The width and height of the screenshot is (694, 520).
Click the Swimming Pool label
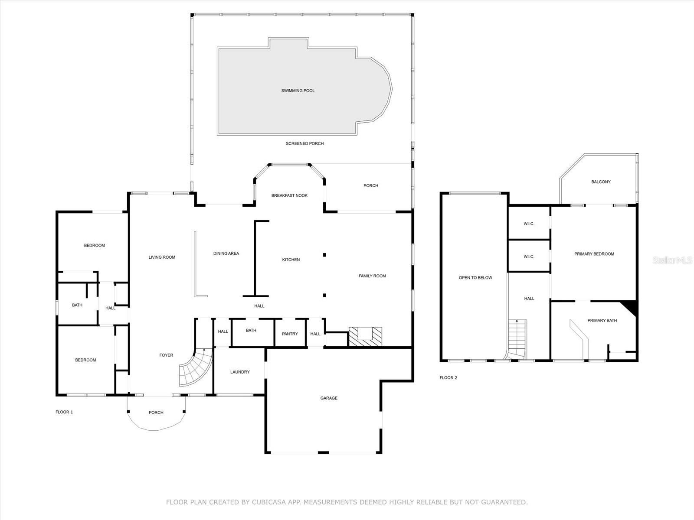pyautogui.click(x=298, y=91)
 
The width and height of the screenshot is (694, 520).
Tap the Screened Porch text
pyautogui.click(x=304, y=143)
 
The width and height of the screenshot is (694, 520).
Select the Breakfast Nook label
pyautogui.click(x=289, y=195)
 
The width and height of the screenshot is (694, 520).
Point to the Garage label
pyautogui.click(x=329, y=398)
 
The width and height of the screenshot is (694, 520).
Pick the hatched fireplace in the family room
pyautogui.click(x=365, y=337)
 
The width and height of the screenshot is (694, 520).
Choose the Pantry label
pyautogui.click(x=290, y=334)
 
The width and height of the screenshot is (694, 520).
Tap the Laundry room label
pyautogui.click(x=240, y=372)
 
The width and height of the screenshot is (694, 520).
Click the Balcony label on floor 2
pyautogui.click(x=601, y=182)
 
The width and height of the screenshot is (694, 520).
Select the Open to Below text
pyautogui.click(x=475, y=278)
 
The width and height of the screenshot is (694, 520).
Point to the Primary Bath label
pyautogui.click(x=602, y=321)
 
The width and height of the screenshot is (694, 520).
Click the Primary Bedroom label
pyautogui.click(x=594, y=254)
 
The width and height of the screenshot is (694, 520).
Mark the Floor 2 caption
pyautogui.click(x=448, y=377)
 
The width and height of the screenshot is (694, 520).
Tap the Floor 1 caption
pyautogui.click(x=64, y=412)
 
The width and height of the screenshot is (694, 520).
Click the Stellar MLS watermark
pyautogui.click(x=672, y=260)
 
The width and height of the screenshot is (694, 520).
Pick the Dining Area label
pyautogui.click(x=226, y=253)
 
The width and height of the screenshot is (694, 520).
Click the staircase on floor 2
pyautogui.click(x=517, y=339)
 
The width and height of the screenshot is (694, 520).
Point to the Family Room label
pyautogui.click(x=372, y=276)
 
